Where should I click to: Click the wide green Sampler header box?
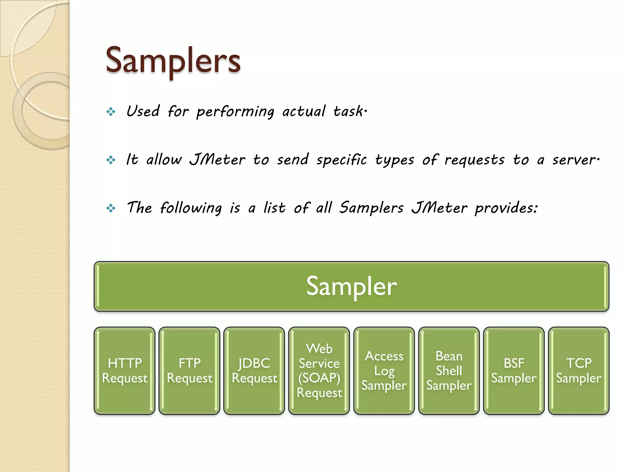coord(351,286)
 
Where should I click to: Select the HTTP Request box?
coord(125,371)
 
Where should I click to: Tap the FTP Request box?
coord(189,371)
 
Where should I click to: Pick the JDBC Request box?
coord(254,371)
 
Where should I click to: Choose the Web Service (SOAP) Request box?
coord(319,371)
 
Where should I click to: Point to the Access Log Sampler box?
coord(384,371)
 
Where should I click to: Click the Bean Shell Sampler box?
coord(449,371)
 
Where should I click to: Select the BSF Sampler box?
coord(514,371)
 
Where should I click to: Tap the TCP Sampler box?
coord(579,371)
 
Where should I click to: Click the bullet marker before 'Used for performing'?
coord(111,112)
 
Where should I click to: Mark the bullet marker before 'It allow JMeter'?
coord(111,160)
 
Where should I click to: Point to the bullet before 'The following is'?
coord(111,208)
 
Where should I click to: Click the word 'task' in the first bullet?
coord(348,111)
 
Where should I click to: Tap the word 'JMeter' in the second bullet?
coord(217,160)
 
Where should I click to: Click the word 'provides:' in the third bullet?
coord(506,208)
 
